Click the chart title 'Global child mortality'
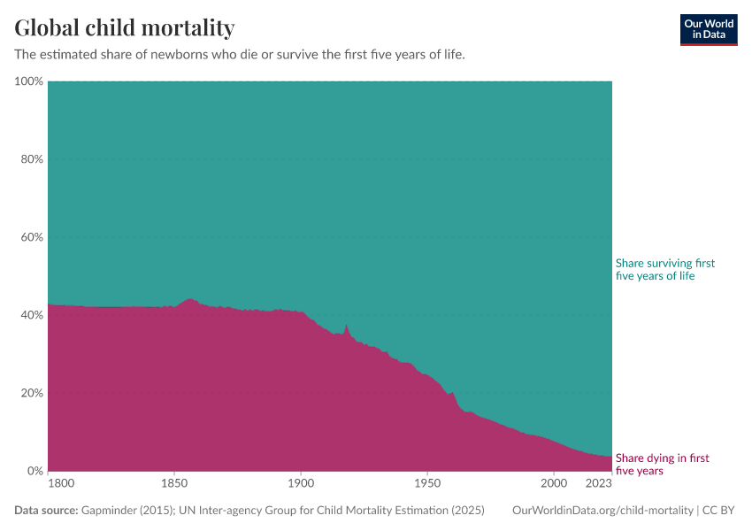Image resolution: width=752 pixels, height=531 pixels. click(x=125, y=28)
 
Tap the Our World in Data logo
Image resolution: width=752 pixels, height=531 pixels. click(x=708, y=29)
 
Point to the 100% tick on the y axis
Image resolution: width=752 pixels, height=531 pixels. click(x=29, y=81)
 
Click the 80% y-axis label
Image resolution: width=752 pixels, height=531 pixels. click(x=32, y=159)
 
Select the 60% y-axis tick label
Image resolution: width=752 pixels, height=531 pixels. click(x=32, y=237)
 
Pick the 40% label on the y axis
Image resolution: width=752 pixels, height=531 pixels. click(x=32, y=315)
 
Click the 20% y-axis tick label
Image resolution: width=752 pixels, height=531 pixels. click(x=32, y=393)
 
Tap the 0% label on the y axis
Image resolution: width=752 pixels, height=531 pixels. click(x=35, y=471)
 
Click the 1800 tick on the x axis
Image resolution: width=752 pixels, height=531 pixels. click(x=60, y=484)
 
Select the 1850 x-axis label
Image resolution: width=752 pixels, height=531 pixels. click(x=174, y=484)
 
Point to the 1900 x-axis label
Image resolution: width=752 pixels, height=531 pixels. click(x=301, y=484)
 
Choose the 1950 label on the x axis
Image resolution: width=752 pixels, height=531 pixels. click(x=427, y=484)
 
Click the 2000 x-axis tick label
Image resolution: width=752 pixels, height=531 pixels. click(x=554, y=484)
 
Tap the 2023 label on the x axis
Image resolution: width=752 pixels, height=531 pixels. click(x=599, y=484)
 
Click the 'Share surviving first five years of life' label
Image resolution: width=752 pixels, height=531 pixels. click(x=664, y=270)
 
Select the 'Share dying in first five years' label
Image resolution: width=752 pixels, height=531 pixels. click(x=662, y=465)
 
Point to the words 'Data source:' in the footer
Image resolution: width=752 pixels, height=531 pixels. click(x=46, y=511)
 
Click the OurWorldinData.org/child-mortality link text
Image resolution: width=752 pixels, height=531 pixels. click(x=602, y=511)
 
